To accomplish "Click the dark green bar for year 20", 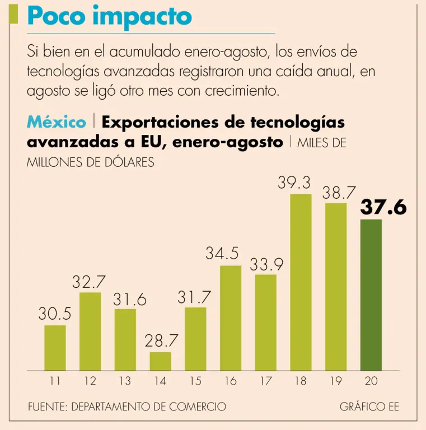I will pyautogui.click(x=371, y=295).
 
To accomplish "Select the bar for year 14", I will pyautogui.click(x=161, y=361).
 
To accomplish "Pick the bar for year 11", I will pyautogui.click(x=55, y=348).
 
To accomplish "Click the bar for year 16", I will pyautogui.click(x=231, y=317).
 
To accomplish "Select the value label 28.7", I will pyautogui.click(x=161, y=340).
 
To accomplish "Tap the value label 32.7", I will pyautogui.click(x=90, y=282).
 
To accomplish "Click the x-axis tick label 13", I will pyautogui.click(x=125, y=381).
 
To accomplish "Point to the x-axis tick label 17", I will pyautogui.click(x=265, y=381).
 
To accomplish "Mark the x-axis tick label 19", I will pyautogui.click(x=336, y=381).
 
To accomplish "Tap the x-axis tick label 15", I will pyautogui.click(x=195, y=381).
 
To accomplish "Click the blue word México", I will pyautogui.click(x=57, y=121).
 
